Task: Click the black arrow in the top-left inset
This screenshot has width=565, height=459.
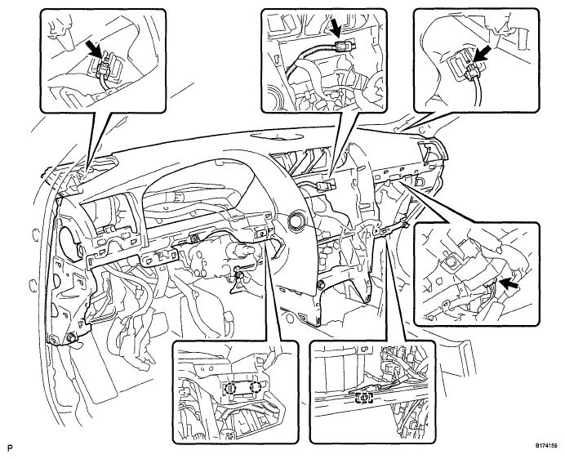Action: [94, 48]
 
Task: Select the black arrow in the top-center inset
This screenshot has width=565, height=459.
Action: [336, 28]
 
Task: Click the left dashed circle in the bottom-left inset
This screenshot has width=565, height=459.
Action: [229, 388]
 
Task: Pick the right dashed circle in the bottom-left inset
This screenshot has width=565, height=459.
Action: [256, 387]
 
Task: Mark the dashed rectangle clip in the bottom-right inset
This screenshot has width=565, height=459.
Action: [364, 398]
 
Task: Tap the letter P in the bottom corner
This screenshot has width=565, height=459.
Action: [10, 448]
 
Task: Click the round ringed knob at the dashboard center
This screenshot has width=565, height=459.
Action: [296, 219]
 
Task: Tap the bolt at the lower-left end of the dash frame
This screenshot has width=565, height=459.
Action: [71, 338]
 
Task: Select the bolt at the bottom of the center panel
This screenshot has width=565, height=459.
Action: [320, 285]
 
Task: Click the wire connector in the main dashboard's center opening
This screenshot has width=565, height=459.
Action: [323, 186]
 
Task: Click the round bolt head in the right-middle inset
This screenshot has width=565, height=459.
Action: [447, 261]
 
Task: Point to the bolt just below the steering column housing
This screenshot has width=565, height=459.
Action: [238, 276]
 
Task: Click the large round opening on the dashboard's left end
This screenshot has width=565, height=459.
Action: [69, 243]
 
